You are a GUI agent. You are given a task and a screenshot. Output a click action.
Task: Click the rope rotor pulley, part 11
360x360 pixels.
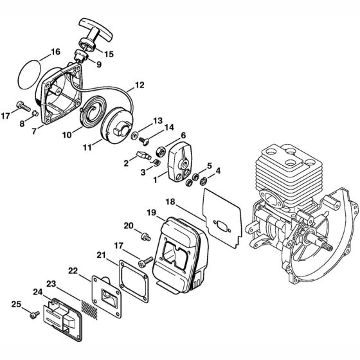pyautogui.click(x=125, y=126)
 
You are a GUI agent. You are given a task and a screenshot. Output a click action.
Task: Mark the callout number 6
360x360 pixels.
pyautogui.click(x=184, y=135)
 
